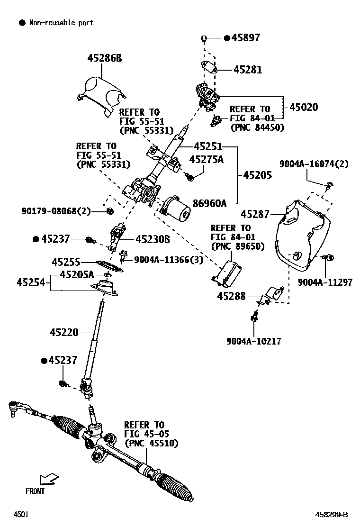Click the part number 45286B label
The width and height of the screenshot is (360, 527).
tap(104, 58)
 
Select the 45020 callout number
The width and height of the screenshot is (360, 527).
tap(304, 107)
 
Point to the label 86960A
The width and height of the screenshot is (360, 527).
tap(209, 203)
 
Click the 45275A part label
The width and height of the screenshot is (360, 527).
tap(206, 159)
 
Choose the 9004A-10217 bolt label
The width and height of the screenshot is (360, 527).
tap(254, 341)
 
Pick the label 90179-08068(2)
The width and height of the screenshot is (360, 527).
tap(56, 211)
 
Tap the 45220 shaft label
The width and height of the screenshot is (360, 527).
tap(64, 332)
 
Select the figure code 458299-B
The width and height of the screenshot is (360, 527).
tap(332, 515)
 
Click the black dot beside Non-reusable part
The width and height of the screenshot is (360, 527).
tap(22, 23)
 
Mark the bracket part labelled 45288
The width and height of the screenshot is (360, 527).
tap(271, 295)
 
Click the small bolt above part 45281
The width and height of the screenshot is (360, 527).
tap(204, 39)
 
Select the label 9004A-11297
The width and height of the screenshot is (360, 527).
tap(325, 282)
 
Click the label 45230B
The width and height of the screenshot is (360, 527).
tap(153, 239)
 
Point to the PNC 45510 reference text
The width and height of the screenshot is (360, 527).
tap(151, 443)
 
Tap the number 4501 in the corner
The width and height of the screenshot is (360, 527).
tap(21, 515)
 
